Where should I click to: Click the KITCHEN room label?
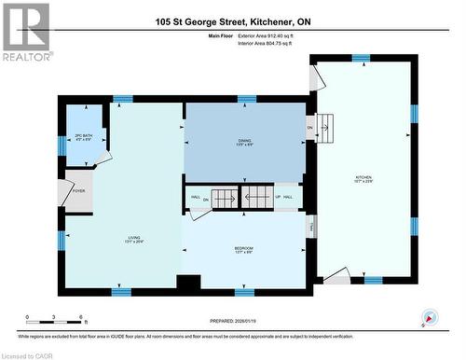(x=363, y=178)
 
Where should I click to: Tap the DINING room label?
(x=244, y=142)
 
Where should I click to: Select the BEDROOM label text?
(x=244, y=249)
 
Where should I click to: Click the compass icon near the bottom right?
(x=430, y=317)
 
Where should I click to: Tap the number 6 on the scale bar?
(x=81, y=318)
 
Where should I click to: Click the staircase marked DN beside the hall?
(x=222, y=199)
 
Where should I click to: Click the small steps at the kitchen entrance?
(x=324, y=124)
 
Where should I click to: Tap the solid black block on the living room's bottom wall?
(x=188, y=283)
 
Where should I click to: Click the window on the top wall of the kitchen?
(x=361, y=58)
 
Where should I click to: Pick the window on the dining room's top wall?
(x=246, y=98)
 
